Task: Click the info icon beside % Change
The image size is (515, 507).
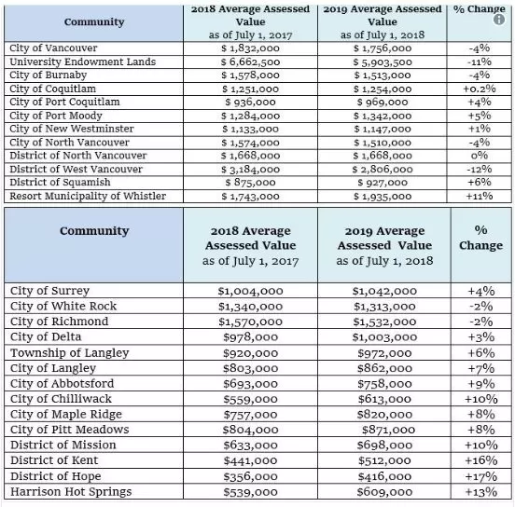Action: coord(498,20)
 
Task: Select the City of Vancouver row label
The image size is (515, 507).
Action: coord(53,48)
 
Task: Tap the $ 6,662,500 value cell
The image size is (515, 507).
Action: coord(250,62)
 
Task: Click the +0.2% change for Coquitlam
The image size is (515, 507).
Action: coord(480,89)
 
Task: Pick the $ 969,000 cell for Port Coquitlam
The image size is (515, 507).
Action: coord(383,103)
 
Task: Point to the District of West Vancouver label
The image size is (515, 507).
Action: coord(76,170)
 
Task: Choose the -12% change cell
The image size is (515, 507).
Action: coord(480,170)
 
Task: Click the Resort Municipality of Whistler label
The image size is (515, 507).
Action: coord(88,197)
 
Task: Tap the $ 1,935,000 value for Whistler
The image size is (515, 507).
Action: coord(383,197)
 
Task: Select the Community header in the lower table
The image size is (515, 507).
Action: coord(94,231)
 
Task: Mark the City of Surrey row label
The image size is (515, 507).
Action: coord(50,291)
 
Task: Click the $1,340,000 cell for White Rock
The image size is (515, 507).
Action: coord(250,307)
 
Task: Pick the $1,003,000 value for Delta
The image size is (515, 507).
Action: coord(384,337)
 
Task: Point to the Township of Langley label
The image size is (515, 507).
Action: coord(70,353)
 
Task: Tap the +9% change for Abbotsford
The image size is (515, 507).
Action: coord(481,384)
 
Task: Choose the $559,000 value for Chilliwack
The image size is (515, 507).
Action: coord(250,399)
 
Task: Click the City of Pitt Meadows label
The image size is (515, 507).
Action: coord(70,430)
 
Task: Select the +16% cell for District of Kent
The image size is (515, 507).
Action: coord(481,460)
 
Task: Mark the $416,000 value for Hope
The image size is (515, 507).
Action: coord(384,476)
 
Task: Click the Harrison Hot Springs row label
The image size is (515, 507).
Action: coord(71,492)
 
